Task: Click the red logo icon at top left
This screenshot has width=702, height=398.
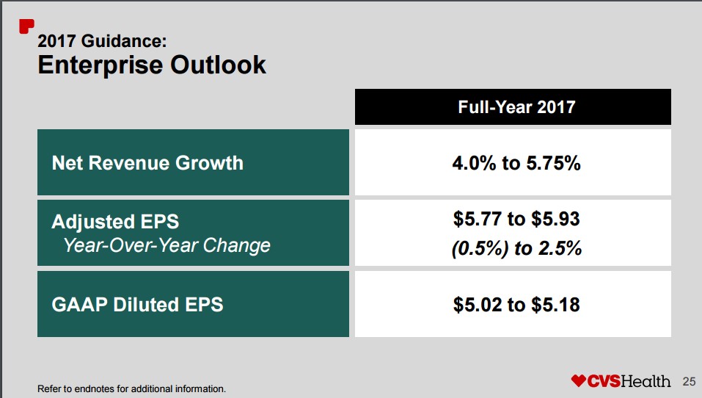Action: click(x=26, y=26)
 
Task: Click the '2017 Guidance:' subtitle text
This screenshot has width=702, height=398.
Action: click(x=97, y=40)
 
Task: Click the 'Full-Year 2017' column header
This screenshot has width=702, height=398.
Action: click(x=516, y=107)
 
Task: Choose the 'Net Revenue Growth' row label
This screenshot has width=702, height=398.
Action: click(x=147, y=162)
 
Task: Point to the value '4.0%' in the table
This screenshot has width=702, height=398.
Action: click(x=474, y=163)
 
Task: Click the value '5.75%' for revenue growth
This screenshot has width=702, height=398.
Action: click(x=553, y=163)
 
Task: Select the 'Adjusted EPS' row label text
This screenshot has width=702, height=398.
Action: click(x=115, y=221)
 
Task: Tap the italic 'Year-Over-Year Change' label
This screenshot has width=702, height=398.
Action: click(x=167, y=245)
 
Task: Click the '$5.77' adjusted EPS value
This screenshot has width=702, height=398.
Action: click(x=475, y=219)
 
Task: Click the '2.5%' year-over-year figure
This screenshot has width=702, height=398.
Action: click(x=559, y=249)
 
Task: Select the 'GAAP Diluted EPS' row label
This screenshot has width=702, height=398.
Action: click(x=137, y=304)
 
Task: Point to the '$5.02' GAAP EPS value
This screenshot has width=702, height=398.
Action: click(x=475, y=304)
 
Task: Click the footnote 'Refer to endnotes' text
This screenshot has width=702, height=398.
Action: click(x=131, y=388)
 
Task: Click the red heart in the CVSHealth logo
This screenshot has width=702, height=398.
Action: click(x=579, y=381)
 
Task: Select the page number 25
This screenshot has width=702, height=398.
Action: click(x=689, y=381)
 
